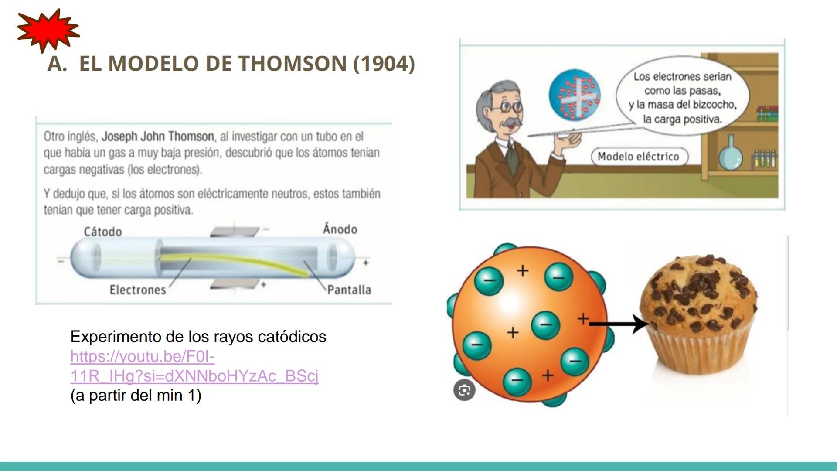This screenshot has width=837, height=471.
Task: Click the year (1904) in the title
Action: point(384,64)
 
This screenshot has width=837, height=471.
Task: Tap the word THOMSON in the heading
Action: point(293,64)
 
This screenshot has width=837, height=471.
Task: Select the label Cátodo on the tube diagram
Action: point(103,232)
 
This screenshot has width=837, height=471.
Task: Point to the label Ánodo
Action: point(340,229)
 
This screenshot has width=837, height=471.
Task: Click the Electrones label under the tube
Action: point(138,290)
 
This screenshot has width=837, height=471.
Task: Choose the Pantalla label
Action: point(349,290)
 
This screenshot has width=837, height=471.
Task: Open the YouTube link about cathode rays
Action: point(194,366)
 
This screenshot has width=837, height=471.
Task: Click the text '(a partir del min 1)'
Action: point(136,396)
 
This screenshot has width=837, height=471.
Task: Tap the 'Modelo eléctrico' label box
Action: point(639,157)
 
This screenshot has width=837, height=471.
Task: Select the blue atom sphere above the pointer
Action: point(574,95)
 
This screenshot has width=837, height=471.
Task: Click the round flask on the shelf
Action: point(730,154)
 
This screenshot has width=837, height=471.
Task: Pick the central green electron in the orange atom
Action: point(545,325)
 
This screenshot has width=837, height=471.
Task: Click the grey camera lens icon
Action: point(464,390)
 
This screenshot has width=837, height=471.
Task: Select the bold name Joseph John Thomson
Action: point(158,137)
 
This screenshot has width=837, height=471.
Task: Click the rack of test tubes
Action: point(764,159)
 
